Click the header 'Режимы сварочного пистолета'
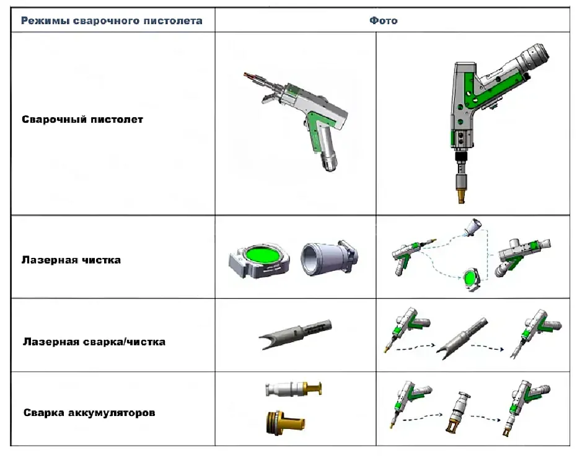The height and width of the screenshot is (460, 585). point(112,20)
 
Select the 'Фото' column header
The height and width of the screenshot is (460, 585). point(384,20)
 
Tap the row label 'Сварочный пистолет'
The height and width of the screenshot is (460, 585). point(82,120)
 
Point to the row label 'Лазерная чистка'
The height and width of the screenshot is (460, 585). point(71,260)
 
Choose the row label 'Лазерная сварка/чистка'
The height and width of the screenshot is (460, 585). point(94,342)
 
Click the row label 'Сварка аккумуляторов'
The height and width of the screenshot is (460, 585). point(89,413)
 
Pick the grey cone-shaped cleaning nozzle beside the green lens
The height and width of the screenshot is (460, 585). point(329,258)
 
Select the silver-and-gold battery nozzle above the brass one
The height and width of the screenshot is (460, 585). point(294,389)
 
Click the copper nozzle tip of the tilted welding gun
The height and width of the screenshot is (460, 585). point(250,76)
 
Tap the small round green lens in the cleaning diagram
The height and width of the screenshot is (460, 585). point(470,278)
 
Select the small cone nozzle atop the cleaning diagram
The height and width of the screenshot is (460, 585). point(473,226)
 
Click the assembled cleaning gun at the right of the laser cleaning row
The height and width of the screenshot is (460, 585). point(522,254)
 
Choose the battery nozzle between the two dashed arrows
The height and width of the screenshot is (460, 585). point(458,413)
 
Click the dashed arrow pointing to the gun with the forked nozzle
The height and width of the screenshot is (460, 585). point(488,347)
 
